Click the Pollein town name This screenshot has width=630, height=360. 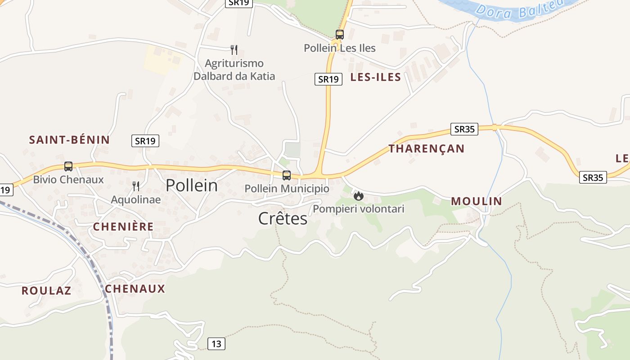192,185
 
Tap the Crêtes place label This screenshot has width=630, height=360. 283,218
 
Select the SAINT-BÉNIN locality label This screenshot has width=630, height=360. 69,139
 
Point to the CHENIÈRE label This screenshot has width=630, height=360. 123,227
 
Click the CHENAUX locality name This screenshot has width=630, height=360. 135,289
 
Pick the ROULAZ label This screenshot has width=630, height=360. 46,291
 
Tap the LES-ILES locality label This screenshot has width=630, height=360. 375,77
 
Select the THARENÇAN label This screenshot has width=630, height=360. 426,148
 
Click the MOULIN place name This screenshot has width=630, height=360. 476,201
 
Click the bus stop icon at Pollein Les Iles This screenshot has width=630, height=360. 340,35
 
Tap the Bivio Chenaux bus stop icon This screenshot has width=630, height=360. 68,166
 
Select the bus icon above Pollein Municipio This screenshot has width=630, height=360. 287,175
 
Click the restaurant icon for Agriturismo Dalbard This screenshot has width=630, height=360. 234,49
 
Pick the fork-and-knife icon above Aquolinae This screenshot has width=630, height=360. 136,186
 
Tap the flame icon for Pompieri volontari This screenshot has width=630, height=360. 359,196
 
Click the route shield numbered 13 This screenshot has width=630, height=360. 216,344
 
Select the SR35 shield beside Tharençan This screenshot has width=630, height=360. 464,129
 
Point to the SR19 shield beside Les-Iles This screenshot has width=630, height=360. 328,79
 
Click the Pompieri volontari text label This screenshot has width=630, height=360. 359,209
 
